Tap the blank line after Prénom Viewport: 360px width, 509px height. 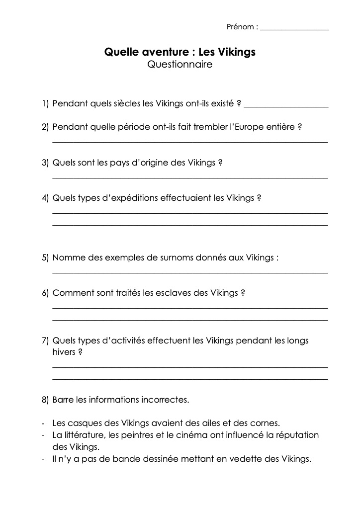point(294,29)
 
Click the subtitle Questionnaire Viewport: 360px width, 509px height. point(180,65)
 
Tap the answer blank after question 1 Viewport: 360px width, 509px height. point(287,105)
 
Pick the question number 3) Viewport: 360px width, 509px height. point(45,163)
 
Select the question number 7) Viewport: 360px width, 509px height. point(45,340)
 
